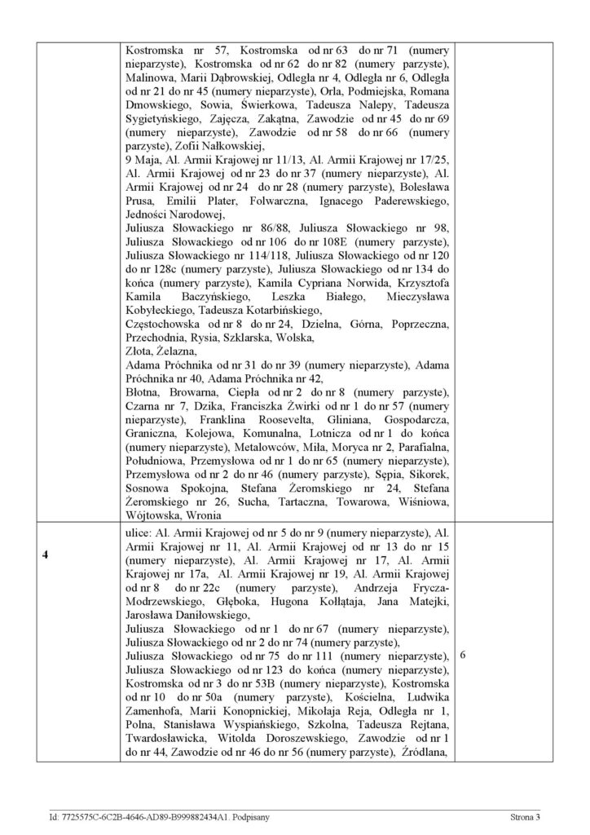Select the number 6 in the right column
(463, 654)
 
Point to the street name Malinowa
(149, 77)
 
